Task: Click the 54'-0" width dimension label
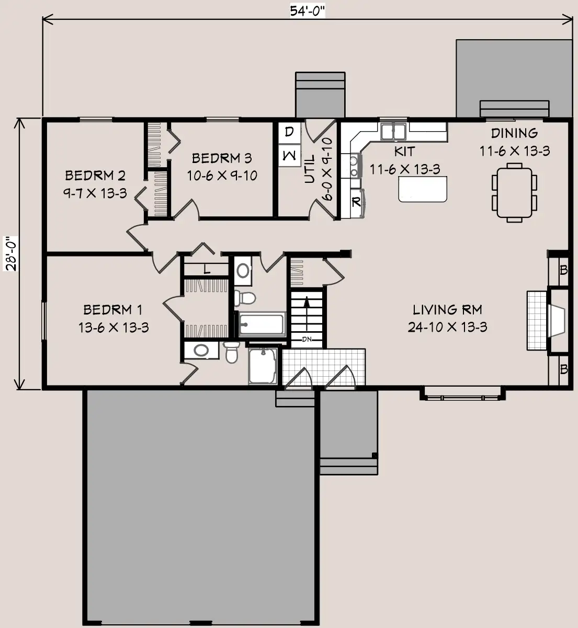tap(307, 11)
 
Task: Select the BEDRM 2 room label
tap(95, 176)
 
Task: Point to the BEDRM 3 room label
tap(222, 158)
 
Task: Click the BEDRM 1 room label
tap(113, 310)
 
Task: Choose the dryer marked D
tap(290, 132)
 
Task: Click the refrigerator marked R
tap(357, 203)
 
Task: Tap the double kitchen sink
tap(393, 132)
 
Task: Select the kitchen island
tap(423, 189)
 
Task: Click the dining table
tap(514, 193)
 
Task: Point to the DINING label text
tap(514, 133)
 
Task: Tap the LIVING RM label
tap(447, 310)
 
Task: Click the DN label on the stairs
tap(307, 340)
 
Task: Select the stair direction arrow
tap(307, 313)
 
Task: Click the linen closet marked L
tap(206, 269)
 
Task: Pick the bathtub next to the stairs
tap(262, 324)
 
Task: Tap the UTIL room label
tap(310, 169)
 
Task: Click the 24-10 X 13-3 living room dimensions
tap(447, 327)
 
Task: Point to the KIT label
tap(405, 152)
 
